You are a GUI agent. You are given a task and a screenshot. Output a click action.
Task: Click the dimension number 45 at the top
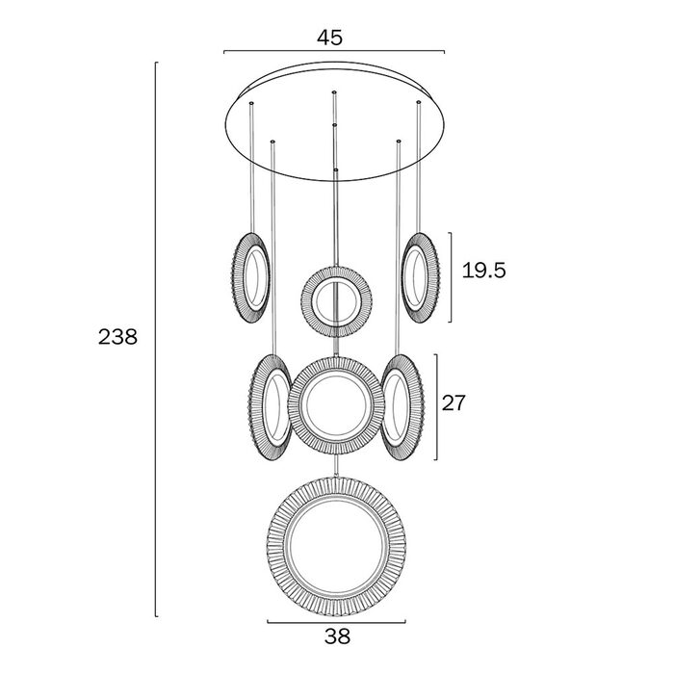(329, 38)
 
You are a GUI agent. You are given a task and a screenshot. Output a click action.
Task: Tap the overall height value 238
(117, 337)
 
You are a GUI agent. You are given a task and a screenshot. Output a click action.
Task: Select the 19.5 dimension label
(484, 271)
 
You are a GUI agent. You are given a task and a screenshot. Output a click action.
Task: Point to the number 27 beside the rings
(454, 402)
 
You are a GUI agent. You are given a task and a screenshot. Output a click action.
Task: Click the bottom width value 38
(337, 636)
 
